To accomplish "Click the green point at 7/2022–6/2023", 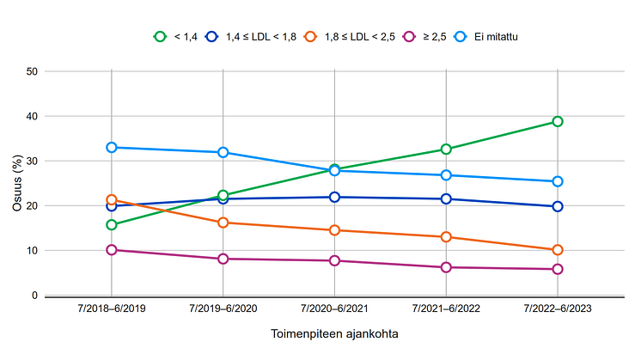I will pyautogui.click(x=558, y=121).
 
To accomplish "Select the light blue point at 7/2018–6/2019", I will pyautogui.click(x=112, y=147).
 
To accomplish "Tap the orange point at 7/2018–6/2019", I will pyautogui.click(x=112, y=199).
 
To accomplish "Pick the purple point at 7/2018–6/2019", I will pyautogui.click(x=112, y=250).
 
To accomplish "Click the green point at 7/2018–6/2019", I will pyautogui.click(x=112, y=224).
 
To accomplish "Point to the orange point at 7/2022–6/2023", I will pyautogui.click(x=558, y=250).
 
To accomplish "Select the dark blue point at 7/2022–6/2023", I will pyautogui.click(x=558, y=206).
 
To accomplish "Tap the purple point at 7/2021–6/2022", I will pyautogui.click(x=446, y=267).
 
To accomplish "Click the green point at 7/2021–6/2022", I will pyautogui.click(x=446, y=149).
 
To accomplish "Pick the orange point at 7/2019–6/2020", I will pyautogui.click(x=223, y=223).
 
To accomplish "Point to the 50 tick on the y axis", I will pyautogui.click(x=32, y=71).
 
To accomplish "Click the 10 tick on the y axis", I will pyautogui.click(x=32, y=251).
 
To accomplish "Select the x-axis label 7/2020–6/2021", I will pyautogui.click(x=335, y=308).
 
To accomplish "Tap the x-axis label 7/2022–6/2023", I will pyautogui.click(x=558, y=308).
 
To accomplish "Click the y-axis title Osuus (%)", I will pyautogui.click(x=17, y=183).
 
